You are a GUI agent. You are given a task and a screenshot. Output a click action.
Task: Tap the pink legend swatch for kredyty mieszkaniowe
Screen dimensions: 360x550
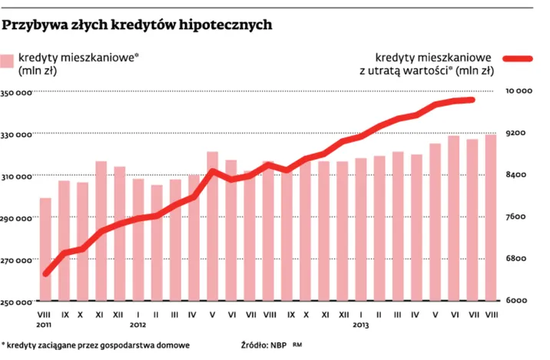coord(8,62)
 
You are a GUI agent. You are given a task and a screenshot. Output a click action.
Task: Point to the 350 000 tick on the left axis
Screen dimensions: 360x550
coord(17,93)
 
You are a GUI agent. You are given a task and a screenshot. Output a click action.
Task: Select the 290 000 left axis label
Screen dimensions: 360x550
coord(17,218)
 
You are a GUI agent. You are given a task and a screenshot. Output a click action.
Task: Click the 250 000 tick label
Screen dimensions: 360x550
coord(17,301)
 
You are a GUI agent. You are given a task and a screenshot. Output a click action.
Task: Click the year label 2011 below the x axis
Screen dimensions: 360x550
coord(45,325)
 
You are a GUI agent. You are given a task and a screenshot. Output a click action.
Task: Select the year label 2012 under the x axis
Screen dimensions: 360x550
coord(137,325)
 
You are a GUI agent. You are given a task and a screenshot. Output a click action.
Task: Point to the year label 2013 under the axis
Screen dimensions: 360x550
coord(361,325)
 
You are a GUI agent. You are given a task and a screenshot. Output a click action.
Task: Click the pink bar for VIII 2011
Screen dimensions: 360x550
coord(45,249)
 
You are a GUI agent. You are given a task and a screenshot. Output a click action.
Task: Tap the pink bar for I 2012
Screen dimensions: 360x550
coord(138,239)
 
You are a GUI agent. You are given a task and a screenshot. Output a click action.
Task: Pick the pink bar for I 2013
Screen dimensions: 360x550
coord(361,230)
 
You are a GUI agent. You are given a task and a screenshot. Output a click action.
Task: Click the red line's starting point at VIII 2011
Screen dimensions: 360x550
coord(46,273)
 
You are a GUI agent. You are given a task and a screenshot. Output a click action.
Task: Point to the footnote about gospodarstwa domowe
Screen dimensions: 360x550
coord(95,346)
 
